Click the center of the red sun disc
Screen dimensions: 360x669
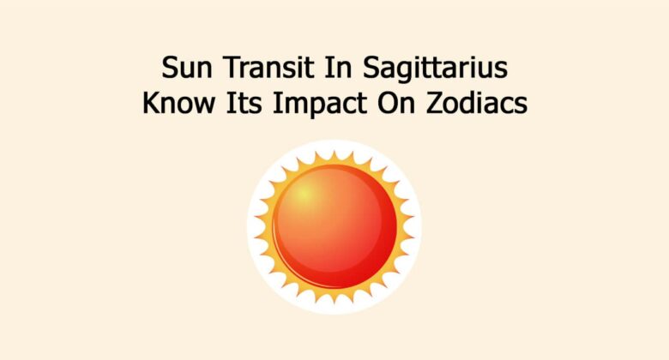[x=334, y=226]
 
